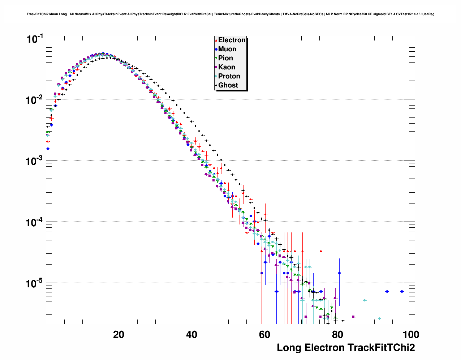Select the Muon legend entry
[227, 49]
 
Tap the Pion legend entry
[225, 58]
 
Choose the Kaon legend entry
[227, 67]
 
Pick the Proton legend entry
[229, 76]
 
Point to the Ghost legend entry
[228, 85]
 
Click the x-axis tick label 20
[119, 335]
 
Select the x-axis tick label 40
[191, 335]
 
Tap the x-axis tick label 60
[264, 335]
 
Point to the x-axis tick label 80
[337, 335]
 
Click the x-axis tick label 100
[411, 335]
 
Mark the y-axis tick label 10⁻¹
[35, 39]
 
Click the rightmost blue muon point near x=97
[402, 291]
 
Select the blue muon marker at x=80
[339, 273]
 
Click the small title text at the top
[231, 14]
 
